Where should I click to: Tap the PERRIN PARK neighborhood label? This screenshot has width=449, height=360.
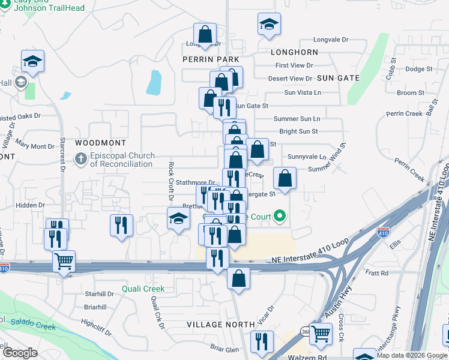(x=211, y=60)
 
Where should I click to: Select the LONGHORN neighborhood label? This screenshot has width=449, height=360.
(x=294, y=53)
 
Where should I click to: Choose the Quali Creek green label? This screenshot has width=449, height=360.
(x=143, y=289)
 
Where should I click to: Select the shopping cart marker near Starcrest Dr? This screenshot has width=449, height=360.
(x=64, y=262)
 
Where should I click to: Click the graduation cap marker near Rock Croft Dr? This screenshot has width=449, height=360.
(x=178, y=219)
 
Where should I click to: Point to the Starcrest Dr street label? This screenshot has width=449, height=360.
(x=62, y=155)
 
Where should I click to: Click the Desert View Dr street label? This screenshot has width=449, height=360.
(x=290, y=79)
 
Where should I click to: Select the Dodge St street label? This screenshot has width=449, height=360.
(x=418, y=69)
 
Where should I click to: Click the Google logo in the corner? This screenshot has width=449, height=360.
(x=20, y=353)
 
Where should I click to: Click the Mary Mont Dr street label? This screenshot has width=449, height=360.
(x=35, y=146)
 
